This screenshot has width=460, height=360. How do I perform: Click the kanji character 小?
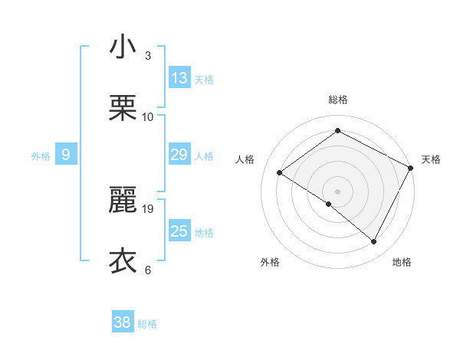click(x=122, y=47)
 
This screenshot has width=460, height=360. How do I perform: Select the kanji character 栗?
click(x=122, y=109)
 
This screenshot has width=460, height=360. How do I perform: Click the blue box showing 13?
click(x=179, y=78)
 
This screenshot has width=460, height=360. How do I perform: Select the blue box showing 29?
click(x=179, y=155)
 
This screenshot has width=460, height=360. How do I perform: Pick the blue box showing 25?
click(x=179, y=231)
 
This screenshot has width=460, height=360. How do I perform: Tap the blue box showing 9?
click(x=66, y=155)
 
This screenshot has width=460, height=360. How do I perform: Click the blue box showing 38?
click(x=123, y=322)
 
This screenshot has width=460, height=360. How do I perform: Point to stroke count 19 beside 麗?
click(x=149, y=208)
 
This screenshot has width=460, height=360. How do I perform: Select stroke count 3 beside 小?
click(x=148, y=55)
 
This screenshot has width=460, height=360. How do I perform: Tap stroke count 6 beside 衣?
click(x=148, y=270)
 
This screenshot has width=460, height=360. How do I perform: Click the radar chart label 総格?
click(x=338, y=100)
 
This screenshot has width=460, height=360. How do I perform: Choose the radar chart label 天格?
click(x=431, y=159)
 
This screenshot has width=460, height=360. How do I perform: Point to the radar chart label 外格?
click(x=270, y=262)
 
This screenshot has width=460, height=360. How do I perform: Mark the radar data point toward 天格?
click(x=410, y=168)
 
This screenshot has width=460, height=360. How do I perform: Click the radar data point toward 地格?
click(x=374, y=242)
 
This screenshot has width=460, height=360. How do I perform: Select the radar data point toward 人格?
click(x=280, y=173)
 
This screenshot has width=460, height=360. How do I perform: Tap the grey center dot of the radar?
click(x=337, y=191)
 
